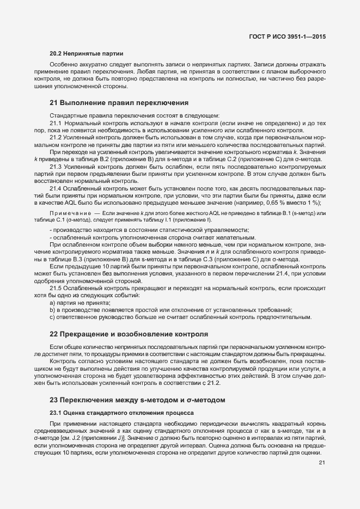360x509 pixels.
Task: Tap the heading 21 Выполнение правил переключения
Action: point(119,102)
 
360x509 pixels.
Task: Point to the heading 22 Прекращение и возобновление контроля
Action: point(128,333)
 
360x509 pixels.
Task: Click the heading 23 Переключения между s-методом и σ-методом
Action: point(137,400)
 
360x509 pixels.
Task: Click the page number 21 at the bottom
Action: point(322,463)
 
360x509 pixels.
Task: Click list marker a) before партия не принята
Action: point(52,302)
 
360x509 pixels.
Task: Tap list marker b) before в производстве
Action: point(52,309)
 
